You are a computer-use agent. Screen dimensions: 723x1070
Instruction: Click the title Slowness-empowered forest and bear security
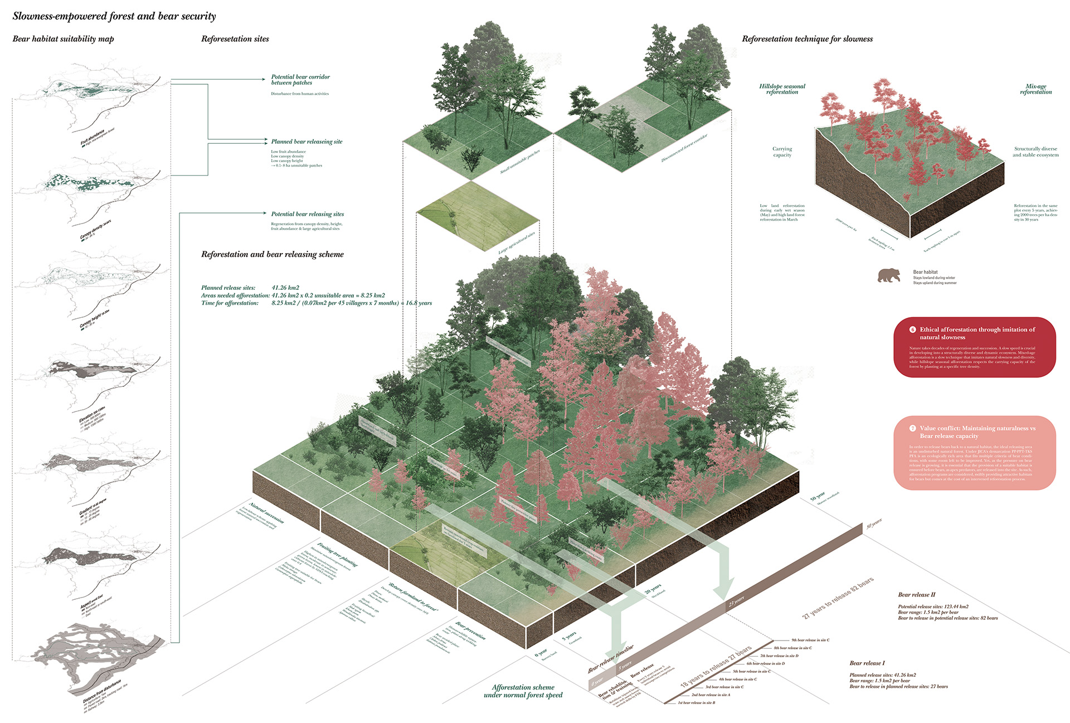(x=114, y=16)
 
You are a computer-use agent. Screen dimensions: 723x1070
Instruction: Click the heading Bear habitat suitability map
(x=63, y=39)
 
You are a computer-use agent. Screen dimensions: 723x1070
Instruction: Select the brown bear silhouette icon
(x=888, y=275)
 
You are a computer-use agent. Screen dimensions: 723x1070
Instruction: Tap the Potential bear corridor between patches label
(x=300, y=80)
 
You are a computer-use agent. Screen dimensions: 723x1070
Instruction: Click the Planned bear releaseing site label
(x=307, y=142)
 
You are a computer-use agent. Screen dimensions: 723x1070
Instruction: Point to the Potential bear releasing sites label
(x=307, y=214)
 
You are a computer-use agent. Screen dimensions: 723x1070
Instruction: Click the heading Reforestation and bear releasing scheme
(x=272, y=254)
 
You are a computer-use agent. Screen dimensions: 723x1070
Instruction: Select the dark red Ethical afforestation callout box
(x=974, y=347)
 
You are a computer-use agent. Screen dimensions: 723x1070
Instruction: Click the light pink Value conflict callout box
(x=974, y=453)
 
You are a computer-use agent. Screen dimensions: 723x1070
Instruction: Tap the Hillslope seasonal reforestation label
(x=782, y=89)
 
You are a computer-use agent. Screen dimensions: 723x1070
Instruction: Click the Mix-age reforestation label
(x=1035, y=89)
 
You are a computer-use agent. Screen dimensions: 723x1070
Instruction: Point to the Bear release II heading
(x=916, y=595)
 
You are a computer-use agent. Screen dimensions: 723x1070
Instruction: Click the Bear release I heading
(x=867, y=663)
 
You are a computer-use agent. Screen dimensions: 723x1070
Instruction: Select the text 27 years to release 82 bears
(x=838, y=598)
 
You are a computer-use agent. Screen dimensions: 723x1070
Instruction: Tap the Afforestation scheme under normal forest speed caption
(x=523, y=691)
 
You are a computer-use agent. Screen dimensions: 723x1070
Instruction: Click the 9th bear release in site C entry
(x=810, y=640)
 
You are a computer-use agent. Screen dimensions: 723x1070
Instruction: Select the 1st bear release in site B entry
(x=696, y=703)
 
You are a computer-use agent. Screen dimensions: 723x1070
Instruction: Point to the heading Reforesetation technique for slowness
(x=807, y=39)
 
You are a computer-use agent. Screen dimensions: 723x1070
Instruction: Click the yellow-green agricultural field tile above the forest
(x=478, y=215)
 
